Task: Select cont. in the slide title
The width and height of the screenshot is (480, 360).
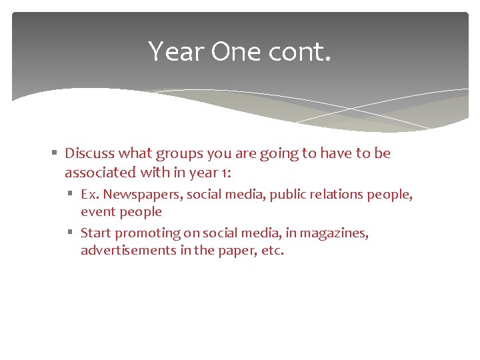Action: pyautogui.click(x=303, y=51)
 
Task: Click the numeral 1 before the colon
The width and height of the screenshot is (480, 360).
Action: pyautogui.click(x=223, y=173)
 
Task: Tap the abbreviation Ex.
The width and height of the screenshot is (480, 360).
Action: pyautogui.click(x=90, y=195)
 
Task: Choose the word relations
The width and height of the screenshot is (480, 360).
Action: pyautogui.click(x=335, y=195)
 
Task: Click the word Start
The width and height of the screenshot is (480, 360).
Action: pyautogui.click(x=96, y=233)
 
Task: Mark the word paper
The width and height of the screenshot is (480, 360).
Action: pyautogui.click(x=237, y=251)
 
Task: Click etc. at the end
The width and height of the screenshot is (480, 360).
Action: pyautogui.click(x=273, y=251)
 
